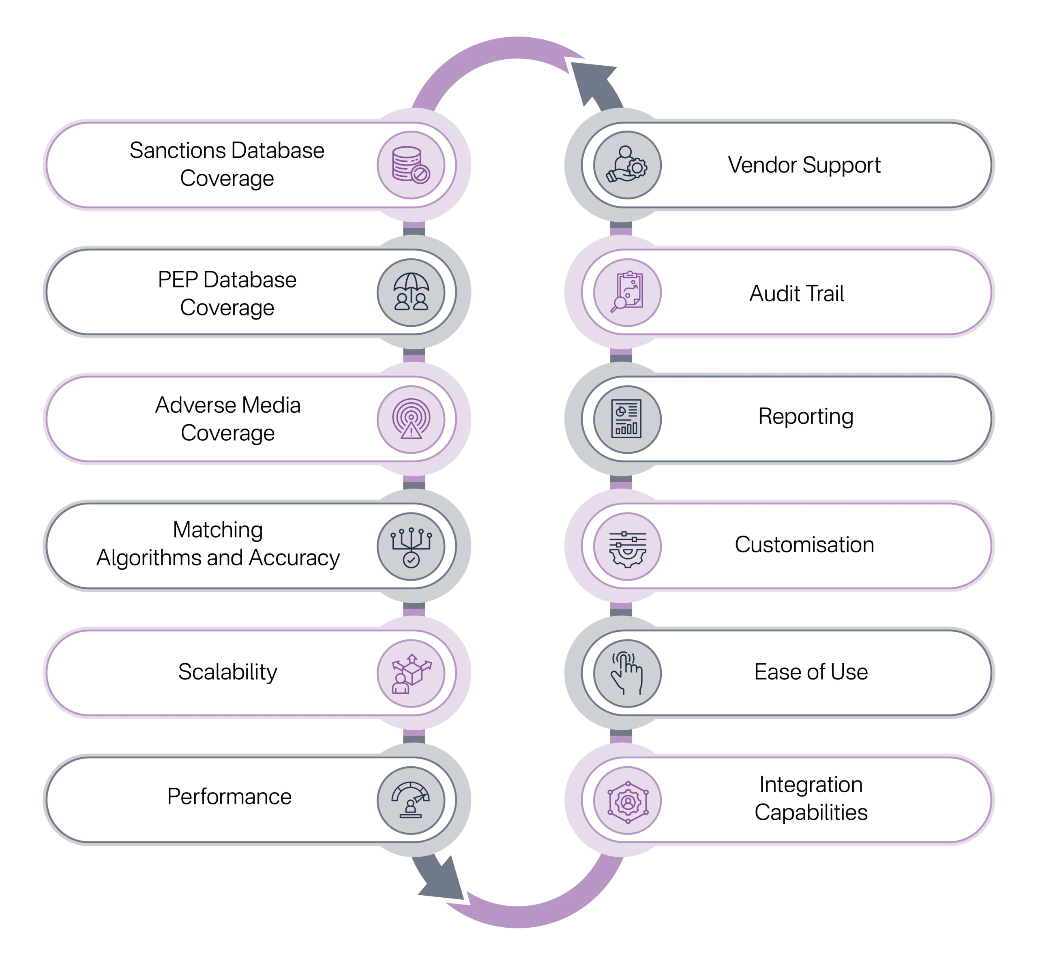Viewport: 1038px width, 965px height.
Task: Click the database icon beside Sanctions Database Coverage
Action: (x=411, y=165)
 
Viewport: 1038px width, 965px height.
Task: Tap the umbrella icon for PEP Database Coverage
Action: (x=411, y=292)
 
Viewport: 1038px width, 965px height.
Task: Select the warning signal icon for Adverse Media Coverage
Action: (x=411, y=419)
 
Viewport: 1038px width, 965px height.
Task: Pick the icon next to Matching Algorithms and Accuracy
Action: (x=411, y=547)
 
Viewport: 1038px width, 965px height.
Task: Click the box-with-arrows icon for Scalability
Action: (x=411, y=673)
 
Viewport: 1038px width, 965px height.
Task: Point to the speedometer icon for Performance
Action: (x=411, y=800)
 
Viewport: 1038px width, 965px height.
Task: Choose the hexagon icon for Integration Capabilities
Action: (x=628, y=800)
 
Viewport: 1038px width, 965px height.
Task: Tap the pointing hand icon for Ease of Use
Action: (x=628, y=673)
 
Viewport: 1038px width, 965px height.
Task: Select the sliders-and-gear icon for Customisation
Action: (x=628, y=547)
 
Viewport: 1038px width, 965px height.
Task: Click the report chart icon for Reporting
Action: (x=628, y=419)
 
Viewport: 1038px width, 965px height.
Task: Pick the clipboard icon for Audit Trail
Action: (x=628, y=292)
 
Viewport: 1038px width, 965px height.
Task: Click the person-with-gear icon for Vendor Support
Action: (x=628, y=165)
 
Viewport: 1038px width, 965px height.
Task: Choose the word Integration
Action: (x=811, y=784)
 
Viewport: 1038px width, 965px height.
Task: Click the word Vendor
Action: (x=762, y=165)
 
